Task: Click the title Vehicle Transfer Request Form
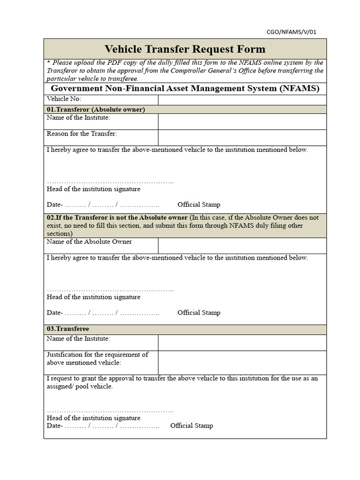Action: click(x=185, y=49)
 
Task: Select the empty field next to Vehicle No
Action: click(x=242, y=99)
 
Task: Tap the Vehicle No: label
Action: click(x=64, y=99)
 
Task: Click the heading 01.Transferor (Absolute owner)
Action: click(x=96, y=109)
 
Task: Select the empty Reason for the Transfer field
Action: click(x=242, y=137)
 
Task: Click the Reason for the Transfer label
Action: click(x=82, y=134)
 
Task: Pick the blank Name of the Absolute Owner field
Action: click(x=242, y=246)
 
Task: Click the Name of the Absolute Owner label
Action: click(x=90, y=242)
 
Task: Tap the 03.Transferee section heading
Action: click(x=68, y=329)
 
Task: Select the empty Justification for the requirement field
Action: click(x=242, y=362)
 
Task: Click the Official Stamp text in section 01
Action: click(x=199, y=205)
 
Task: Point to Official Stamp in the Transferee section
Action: click(x=191, y=426)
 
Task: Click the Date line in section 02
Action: click(x=103, y=313)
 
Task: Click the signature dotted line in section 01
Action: click(x=110, y=182)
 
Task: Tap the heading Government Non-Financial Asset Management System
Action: click(x=185, y=88)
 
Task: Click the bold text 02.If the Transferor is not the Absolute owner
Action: click(x=117, y=217)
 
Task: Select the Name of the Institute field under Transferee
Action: click(x=242, y=343)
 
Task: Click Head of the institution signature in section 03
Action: click(x=94, y=418)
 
